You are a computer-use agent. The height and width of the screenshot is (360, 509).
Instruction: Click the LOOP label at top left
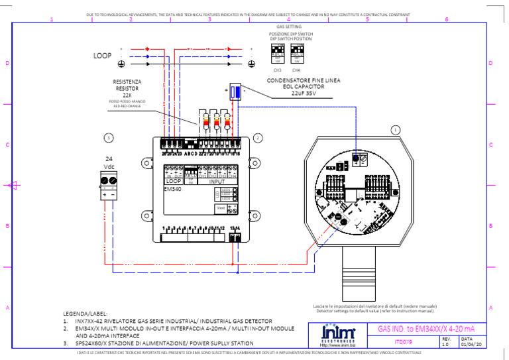click(x=102, y=56)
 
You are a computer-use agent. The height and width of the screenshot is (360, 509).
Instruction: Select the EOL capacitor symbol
click(x=235, y=92)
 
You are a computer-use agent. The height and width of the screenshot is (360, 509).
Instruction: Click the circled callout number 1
click(x=396, y=130)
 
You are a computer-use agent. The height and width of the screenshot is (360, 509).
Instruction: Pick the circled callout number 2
click(x=258, y=137)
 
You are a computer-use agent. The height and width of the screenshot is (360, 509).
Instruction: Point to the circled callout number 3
click(x=109, y=138)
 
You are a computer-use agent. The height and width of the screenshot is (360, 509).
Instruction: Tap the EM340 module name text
click(x=172, y=188)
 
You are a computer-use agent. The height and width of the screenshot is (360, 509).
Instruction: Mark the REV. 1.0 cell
click(x=445, y=341)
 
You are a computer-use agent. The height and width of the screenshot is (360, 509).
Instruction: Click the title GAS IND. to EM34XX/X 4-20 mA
click(x=426, y=328)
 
